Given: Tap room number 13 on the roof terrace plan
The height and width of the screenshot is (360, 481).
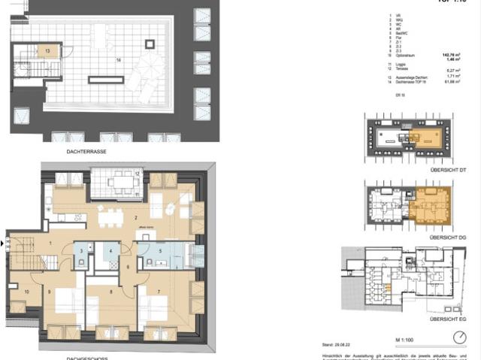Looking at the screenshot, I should pyautogui.click(x=47, y=51).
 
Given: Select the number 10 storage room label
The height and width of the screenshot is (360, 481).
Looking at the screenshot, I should pyautogui.click(x=26, y=292).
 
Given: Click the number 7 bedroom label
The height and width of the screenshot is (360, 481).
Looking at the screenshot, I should pyautogui.click(x=158, y=291).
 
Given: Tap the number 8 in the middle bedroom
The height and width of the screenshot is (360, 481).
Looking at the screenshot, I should pyautogui.click(x=110, y=292).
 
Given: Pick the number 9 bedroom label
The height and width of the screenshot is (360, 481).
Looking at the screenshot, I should pyautogui.click(x=50, y=292).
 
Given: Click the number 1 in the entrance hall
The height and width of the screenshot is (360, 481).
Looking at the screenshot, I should pyautogui.click(x=50, y=244).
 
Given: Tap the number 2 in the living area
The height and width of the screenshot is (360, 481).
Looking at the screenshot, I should pyautogui.click(x=135, y=218).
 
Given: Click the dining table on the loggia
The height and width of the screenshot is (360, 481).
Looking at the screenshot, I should pyautogui.click(x=119, y=181).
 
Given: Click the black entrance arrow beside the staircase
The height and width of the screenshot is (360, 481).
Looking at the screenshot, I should pyautogui.click(x=2, y=244).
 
